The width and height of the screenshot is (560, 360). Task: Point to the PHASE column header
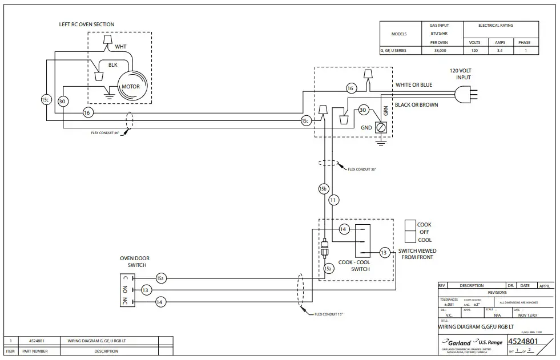tap(524, 42)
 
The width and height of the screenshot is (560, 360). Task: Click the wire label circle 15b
tap(323, 188)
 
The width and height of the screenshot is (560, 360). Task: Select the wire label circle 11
tap(334, 200)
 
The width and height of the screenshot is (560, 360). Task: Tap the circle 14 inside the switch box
tap(343, 229)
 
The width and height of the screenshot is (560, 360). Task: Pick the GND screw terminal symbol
tap(381, 129)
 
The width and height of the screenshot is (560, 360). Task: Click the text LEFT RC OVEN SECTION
tap(87, 25)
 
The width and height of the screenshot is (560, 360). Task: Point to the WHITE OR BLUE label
tap(414, 84)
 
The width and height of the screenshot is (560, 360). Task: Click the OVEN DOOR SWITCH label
tap(133, 261)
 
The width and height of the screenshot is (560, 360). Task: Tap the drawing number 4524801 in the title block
tap(522, 341)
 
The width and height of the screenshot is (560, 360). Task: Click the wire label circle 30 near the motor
tap(62, 101)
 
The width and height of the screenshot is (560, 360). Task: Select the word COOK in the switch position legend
tap(424, 225)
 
